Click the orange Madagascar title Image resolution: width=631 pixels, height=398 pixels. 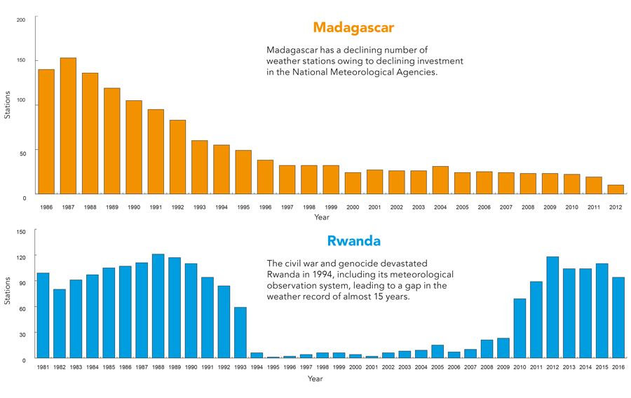353,28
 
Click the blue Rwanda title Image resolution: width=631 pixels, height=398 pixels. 353,241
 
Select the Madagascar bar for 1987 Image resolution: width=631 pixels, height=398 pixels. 68,126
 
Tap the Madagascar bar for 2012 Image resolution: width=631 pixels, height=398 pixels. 616,189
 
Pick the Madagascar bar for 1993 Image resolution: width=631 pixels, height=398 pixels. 199,167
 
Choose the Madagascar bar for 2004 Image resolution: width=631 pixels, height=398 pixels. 440,180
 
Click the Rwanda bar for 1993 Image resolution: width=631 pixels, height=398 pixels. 240,332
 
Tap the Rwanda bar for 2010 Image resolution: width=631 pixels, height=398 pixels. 520,328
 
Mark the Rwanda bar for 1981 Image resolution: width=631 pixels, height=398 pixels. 43,315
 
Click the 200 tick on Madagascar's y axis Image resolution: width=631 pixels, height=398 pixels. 21,19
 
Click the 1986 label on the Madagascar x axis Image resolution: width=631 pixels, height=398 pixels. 46,207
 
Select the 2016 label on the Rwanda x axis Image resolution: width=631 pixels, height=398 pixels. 618,367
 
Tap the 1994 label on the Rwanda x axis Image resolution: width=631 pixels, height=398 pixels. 257,367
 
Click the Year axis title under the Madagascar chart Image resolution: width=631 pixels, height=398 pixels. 322,217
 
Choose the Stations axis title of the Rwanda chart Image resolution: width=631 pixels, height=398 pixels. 8,289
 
